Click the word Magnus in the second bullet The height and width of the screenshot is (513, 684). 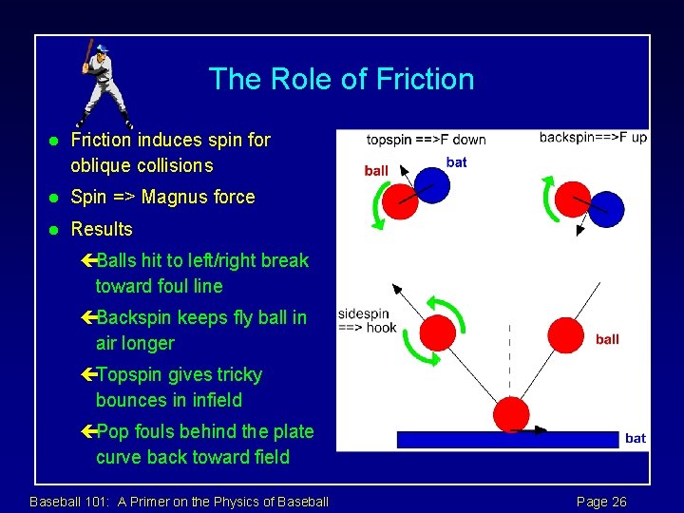[180, 198]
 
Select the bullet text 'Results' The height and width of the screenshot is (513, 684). [102, 229]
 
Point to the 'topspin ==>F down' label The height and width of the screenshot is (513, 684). [426, 140]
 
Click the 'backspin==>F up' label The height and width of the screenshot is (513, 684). [593, 137]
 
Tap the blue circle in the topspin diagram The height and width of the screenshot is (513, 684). [432, 186]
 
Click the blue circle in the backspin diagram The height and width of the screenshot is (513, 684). [606, 209]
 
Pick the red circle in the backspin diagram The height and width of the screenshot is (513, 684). [573, 199]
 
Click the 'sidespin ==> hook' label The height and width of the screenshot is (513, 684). [366, 320]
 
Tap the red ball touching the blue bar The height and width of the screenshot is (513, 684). [512, 414]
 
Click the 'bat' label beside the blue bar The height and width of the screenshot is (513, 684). [636, 438]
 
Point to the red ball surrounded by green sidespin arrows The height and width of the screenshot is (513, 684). [438, 332]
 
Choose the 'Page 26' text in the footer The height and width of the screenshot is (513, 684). [601, 502]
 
